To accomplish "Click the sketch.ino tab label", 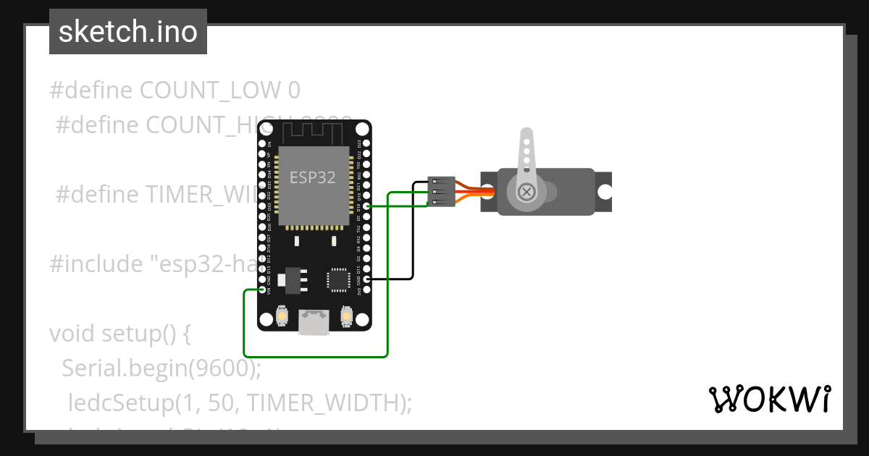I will click(x=128, y=32).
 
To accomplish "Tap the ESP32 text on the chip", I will click(x=313, y=177).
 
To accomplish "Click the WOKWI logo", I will click(x=769, y=399).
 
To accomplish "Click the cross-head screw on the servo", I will click(x=528, y=192).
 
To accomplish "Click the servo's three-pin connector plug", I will click(x=441, y=192).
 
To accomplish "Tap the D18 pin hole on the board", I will click(x=367, y=206).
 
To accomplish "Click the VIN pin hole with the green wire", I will click(x=261, y=290).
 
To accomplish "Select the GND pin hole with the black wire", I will click(x=367, y=279).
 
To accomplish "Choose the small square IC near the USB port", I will click(x=338, y=279).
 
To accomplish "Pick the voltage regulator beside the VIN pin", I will click(x=293, y=280).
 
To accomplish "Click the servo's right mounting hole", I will click(x=603, y=192).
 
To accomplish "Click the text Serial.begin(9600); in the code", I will click(x=161, y=368).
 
